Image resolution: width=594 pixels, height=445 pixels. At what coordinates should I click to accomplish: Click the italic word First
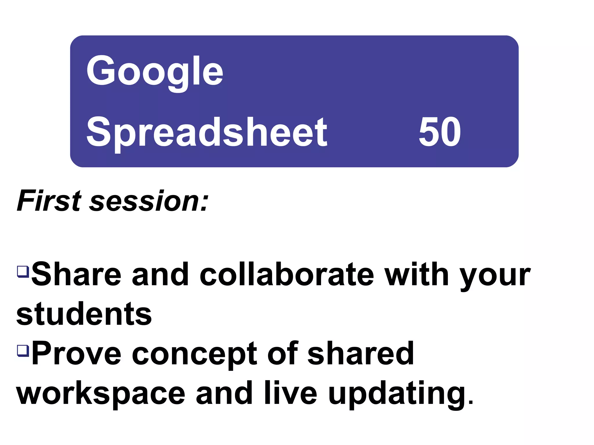pos(49,201)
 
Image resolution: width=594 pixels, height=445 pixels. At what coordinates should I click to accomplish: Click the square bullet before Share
pos(23,271)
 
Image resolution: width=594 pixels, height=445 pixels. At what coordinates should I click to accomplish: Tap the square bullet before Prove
pos(23,350)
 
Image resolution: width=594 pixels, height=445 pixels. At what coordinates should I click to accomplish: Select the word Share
pos(76,274)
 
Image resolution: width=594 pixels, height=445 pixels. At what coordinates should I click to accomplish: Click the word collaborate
pos(287,274)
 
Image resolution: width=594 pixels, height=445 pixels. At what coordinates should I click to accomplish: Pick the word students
pos(84,314)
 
